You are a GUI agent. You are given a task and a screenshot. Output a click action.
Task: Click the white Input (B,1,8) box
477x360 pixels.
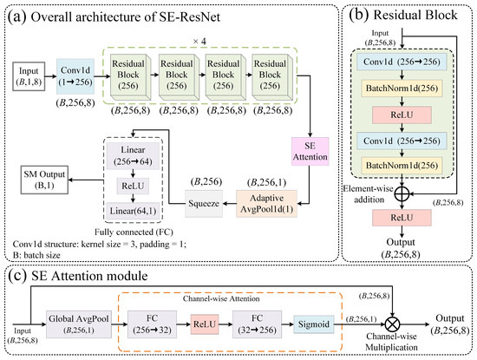click(x=29, y=76)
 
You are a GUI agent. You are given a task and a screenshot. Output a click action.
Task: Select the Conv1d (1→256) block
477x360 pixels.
click(x=75, y=76)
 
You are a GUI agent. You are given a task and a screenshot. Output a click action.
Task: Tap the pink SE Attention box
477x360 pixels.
click(x=310, y=151)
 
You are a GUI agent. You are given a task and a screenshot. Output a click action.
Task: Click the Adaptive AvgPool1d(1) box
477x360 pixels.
click(x=266, y=204)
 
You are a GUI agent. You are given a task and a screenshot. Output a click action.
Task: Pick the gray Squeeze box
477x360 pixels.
click(x=204, y=204)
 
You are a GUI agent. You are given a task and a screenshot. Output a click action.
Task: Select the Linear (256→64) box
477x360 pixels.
click(x=133, y=155)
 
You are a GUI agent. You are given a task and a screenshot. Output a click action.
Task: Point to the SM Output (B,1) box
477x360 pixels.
click(x=44, y=180)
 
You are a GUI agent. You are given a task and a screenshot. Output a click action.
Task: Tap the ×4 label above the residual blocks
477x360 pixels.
click(x=199, y=42)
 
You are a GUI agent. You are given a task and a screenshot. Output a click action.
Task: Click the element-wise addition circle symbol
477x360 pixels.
click(x=402, y=193)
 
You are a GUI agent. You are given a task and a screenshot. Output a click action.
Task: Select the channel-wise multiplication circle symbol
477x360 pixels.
click(x=392, y=324)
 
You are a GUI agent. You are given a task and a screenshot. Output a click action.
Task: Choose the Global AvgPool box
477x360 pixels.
click(x=79, y=324)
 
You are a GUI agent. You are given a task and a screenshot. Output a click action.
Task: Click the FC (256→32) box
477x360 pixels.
click(x=152, y=324)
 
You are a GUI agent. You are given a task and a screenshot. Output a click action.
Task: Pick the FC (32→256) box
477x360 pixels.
click(x=257, y=324)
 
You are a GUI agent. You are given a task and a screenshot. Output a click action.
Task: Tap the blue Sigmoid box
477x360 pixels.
click(x=314, y=324)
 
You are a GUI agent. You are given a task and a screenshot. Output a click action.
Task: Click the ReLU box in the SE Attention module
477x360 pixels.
click(x=205, y=324)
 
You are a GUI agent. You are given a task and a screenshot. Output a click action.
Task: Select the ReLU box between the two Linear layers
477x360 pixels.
click(x=133, y=186)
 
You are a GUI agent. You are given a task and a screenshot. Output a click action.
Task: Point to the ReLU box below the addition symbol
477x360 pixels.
click(x=402, y=218)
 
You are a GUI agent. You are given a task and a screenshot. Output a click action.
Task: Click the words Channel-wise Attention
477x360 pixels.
click(x=221, y=298)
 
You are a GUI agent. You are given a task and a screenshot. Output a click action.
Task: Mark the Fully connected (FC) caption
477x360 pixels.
click(x=134, y=232)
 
